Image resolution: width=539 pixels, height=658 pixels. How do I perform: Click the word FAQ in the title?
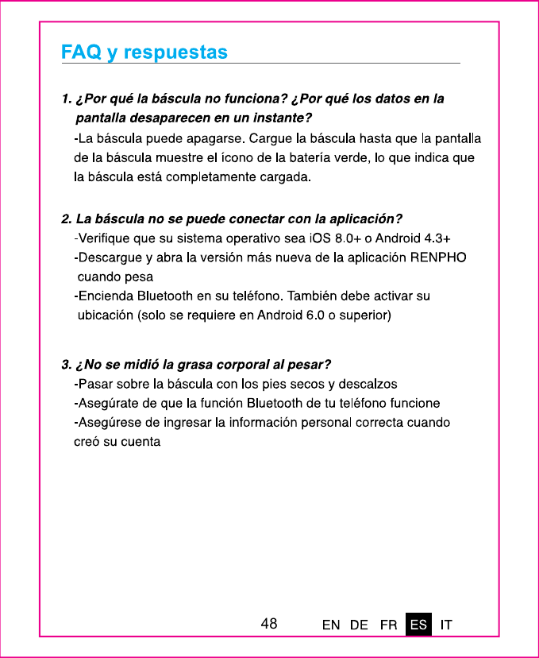point(82,52)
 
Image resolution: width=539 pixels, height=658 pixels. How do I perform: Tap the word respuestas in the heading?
point(175,53)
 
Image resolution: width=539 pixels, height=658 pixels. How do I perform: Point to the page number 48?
point(269,624)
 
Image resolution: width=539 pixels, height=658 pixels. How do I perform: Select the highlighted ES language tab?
point(418,625)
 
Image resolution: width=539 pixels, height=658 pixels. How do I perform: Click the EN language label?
point(331,625)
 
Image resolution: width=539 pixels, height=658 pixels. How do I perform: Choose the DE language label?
point(359,625)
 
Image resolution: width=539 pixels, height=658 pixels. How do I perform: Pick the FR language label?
point(389,625)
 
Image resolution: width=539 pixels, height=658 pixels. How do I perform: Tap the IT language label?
point(447,625)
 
